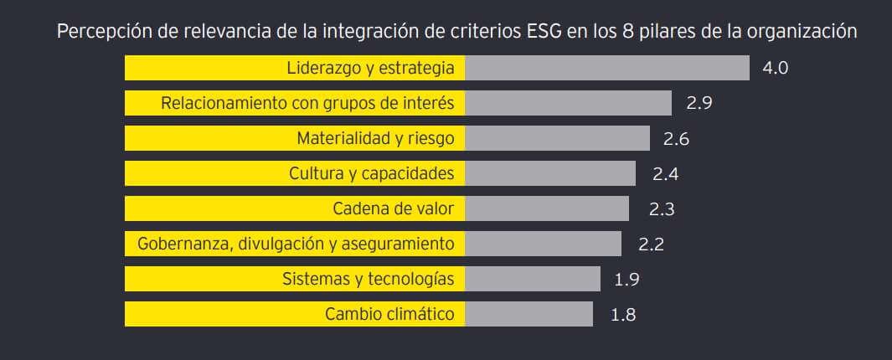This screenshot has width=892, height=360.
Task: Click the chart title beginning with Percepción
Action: coord(456,32)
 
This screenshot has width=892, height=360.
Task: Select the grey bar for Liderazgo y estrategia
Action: coord(606,68)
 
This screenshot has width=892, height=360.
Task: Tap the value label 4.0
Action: coord(775,69)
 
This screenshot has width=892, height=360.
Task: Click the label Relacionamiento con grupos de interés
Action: coord(307,103)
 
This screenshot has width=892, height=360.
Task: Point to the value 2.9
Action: coord(699,104)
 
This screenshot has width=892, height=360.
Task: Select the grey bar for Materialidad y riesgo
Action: coord(557,138)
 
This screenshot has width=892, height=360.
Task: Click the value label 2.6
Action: coord(676,139)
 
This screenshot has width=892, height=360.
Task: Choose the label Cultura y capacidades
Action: coord(371,173)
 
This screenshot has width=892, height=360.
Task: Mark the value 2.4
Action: coord(665,174)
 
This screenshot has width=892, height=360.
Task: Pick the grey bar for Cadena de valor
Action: coord(546,208)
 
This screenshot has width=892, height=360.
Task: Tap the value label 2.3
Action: coord(662,209)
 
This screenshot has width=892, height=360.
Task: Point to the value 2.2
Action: coord(651,244)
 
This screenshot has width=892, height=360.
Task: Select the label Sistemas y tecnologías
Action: coord(368,279)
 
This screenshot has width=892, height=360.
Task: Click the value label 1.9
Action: coord(627,280)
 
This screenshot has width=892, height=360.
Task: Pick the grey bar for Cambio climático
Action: coord(528,314)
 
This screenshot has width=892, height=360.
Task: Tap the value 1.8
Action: coord(623,315)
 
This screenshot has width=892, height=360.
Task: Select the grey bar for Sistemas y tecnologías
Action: coord(533,279)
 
